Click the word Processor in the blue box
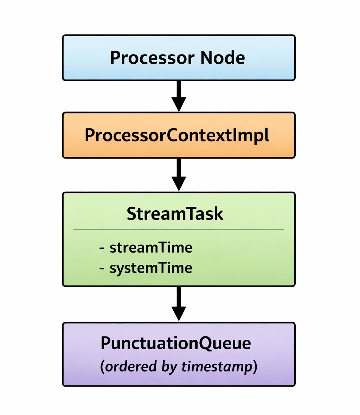pyautogui.click(x=152, y=58)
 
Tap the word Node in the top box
pyautogui.click(x=223, y=57)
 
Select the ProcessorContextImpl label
pyautogui.click(x=177, y=135)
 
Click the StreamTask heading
pyautogui.click(x=175, y=213)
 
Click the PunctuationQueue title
pyautogui.click(x=176, y=343)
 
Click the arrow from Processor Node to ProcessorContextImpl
pyautogui.click(x=179, y=96)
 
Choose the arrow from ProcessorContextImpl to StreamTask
pyautogui.click(x=179, y=174)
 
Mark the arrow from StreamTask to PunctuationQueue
pyautogui.click(x=179, y=304)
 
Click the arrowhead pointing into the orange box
pyautogui.click(x=179, y=104)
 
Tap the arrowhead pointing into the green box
pyautogui.click(x=179, y=184)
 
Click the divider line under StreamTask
pyautogui.click(x=179, y=230)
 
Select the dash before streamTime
pyautogui.click(x=102, y=249)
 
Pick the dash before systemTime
pyautogui.click(x=102, y=269)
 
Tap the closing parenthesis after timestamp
pyautogui.click(x=255, y=367)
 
